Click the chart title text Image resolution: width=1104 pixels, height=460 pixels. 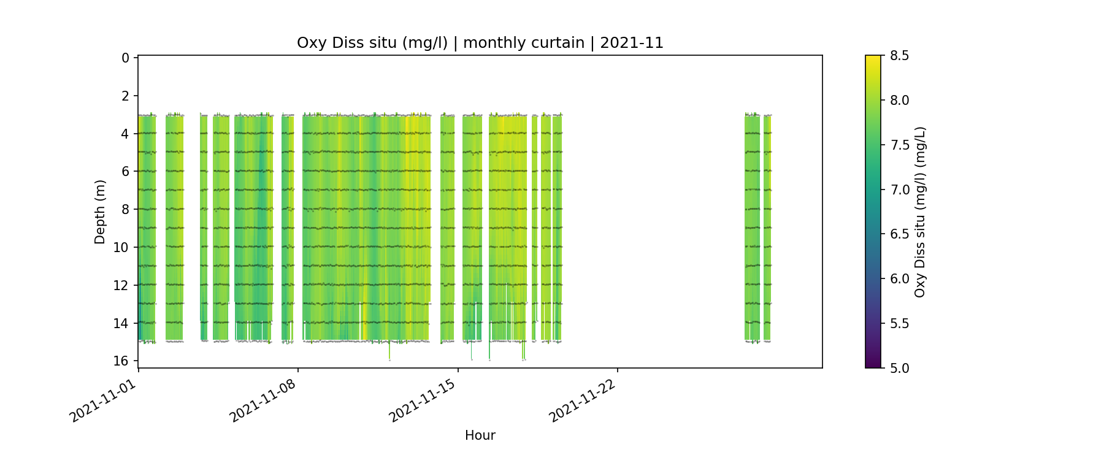pos(480,43)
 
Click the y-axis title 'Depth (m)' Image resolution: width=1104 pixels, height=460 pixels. pos(100,212)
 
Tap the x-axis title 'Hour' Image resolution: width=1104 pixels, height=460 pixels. pos(480,435)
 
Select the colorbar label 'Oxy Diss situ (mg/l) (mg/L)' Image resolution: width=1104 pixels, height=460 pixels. pos(919,212)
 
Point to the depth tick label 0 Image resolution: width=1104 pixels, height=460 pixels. pos(126,58)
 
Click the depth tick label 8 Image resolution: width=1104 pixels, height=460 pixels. pos(126,209)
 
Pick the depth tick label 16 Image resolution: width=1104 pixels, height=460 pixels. pos(122,361)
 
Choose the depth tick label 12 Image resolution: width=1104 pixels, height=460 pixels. pos(122,285)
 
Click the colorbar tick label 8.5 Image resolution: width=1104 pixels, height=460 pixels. pos(899,56)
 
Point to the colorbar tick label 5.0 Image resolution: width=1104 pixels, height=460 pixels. pos(899,368)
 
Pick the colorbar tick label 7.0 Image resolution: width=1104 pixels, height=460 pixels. pos(899,190)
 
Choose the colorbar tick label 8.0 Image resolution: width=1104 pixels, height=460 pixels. pos(899,101)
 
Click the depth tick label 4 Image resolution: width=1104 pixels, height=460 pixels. pos(126,134)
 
